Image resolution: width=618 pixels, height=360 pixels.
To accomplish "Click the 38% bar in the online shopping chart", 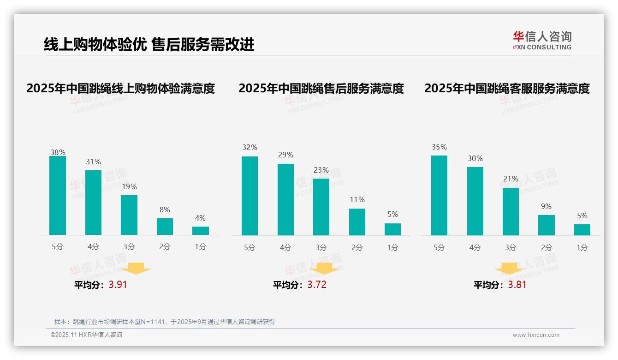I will [58, 195].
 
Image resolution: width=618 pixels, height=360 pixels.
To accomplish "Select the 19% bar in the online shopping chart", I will [129, 215].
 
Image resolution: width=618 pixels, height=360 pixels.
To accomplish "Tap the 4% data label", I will [200, 218].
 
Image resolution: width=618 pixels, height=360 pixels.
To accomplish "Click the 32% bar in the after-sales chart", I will [250, 196].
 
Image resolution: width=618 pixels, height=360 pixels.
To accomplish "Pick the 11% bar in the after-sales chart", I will [357, 222].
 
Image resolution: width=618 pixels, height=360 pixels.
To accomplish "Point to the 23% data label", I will [321, 170].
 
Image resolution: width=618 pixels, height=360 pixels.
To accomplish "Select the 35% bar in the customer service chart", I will [439, 195].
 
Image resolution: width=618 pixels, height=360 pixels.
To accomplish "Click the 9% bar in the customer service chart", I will [547, 225].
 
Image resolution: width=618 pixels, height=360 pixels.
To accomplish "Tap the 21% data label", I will [511, 179].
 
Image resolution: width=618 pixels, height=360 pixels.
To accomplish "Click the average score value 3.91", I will [118, 285].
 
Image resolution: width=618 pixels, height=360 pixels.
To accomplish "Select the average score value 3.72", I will [317, 285].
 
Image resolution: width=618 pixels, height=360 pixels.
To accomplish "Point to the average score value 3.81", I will [517, 285].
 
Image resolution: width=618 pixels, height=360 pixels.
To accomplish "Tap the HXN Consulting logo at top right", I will [542, 41].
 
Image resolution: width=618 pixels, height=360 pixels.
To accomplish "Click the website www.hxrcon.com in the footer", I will [536, 335].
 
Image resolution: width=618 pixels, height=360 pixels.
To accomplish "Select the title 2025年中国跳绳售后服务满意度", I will [321, 88].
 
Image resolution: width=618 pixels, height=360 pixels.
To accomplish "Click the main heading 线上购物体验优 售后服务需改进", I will [149, 45].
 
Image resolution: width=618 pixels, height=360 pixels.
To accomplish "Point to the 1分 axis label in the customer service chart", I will [582, 248].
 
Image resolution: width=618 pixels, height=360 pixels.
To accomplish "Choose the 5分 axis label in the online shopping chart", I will [58, 247].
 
